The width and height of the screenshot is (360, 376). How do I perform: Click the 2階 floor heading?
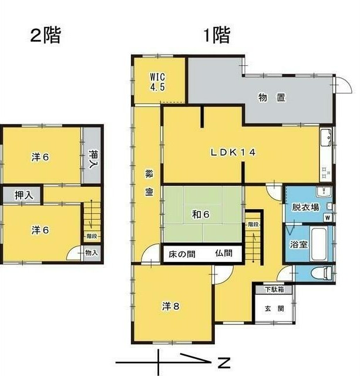click(45, 36)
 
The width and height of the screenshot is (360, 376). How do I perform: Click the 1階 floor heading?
click(217, 36)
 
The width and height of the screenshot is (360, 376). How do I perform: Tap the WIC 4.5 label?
click(157, 81)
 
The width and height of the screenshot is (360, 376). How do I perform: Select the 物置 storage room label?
click(272, 98)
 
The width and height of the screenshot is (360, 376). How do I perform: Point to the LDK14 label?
click(234, 152)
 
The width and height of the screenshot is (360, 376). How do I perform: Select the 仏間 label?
click(223, 254)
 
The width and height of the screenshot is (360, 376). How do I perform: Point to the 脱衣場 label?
click(306, 207)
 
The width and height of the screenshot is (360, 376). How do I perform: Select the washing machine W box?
click(327, 218)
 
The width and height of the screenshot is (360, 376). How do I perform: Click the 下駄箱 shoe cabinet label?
click(273, 289)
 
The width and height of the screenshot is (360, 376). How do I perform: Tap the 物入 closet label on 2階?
click(91, 253)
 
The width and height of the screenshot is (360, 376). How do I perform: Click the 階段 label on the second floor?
click(91, 236)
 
